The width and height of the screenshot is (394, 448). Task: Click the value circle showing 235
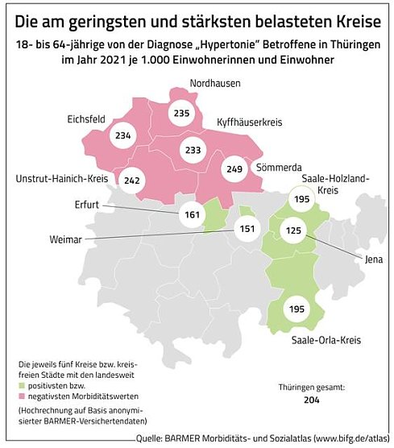(181, 114)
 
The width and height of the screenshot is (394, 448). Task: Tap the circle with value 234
(123, 136)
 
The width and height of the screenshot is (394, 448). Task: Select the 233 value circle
(193, 149)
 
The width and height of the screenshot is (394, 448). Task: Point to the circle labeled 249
(234, 169)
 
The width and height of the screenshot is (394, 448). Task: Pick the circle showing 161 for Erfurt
(191, 216)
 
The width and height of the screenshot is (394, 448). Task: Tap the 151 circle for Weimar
(248, 229)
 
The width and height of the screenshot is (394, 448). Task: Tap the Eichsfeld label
(88, 118)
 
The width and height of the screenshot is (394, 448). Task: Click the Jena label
(373, 259)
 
